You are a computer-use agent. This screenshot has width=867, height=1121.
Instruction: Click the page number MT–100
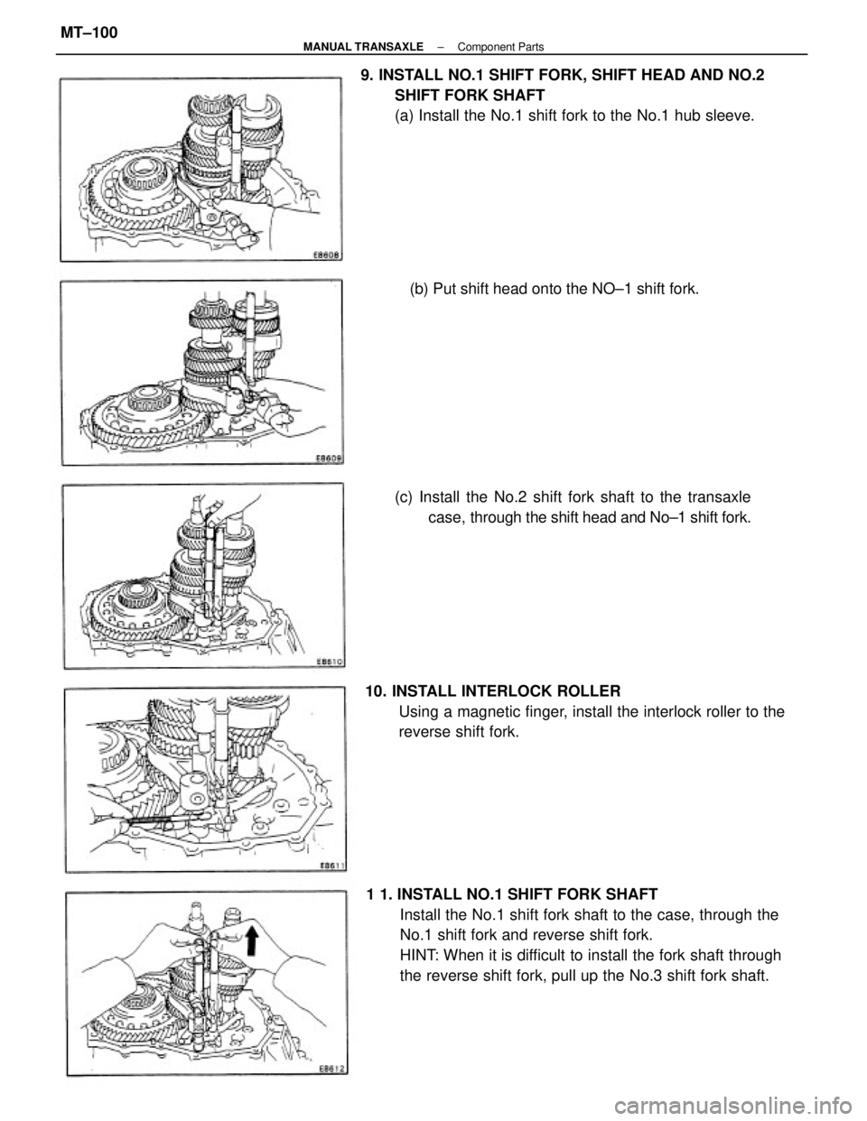point(89,32)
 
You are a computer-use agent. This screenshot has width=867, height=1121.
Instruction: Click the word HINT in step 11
point(417,956)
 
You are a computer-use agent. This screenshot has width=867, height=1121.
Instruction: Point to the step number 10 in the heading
point(375,690)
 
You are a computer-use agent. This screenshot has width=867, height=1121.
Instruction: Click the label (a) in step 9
point(404,116)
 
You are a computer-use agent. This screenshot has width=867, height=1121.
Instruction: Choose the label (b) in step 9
point(419,289)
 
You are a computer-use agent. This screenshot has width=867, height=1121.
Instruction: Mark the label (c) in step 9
point(404,498)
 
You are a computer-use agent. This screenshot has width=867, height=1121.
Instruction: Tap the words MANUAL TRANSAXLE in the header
point(363,48)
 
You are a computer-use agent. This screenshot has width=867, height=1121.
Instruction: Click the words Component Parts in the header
point(500,48)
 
